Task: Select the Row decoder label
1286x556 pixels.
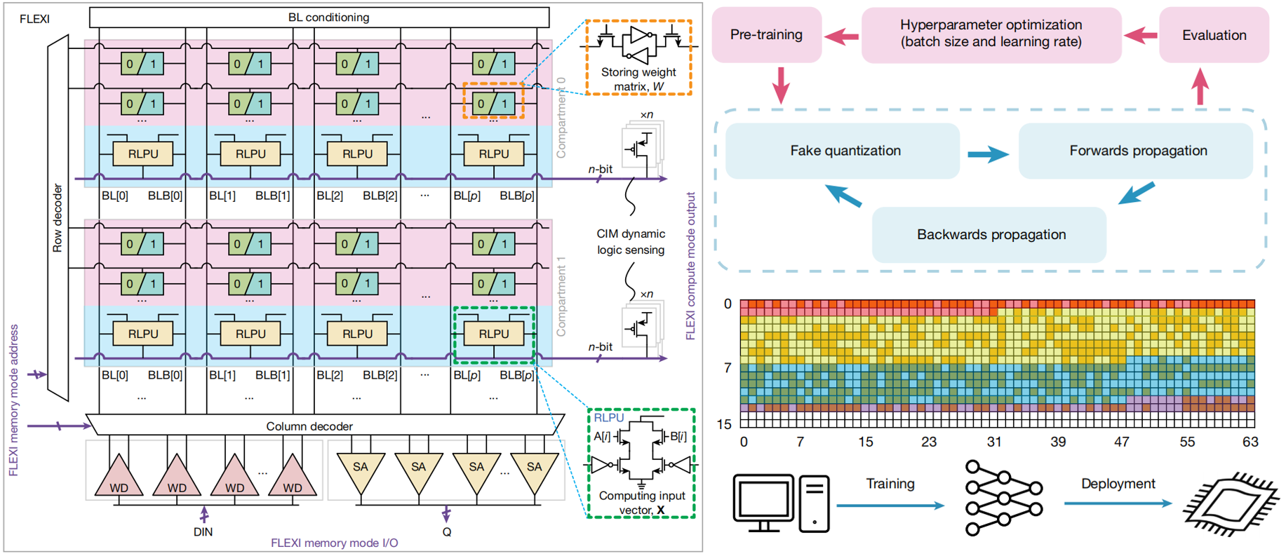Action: [x=58, y=217]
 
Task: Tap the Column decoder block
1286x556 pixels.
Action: [x=309, y=426]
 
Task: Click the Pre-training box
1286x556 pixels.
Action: [x=766, y=35]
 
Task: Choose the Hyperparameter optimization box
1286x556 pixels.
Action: [x=991, y=34]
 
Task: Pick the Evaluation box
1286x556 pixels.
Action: [x=1214, y=35]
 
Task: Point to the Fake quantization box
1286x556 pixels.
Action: [x=845, y=151]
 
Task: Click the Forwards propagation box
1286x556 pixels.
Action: [x=1137, y=151]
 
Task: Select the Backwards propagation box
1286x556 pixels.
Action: [x=991, y=235]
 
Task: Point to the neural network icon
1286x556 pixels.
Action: [x=1003, y=498]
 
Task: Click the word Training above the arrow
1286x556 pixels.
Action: [x=890, y=484]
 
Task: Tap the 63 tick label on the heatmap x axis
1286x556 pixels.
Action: [x=1250, y=442]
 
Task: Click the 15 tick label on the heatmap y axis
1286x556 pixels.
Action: [x=724, y=424]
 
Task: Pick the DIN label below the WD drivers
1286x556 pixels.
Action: [x=203, y=532]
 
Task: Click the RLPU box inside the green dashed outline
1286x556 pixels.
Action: [x=494, y=334]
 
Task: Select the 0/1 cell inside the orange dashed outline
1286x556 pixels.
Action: [x=493, y=104]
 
